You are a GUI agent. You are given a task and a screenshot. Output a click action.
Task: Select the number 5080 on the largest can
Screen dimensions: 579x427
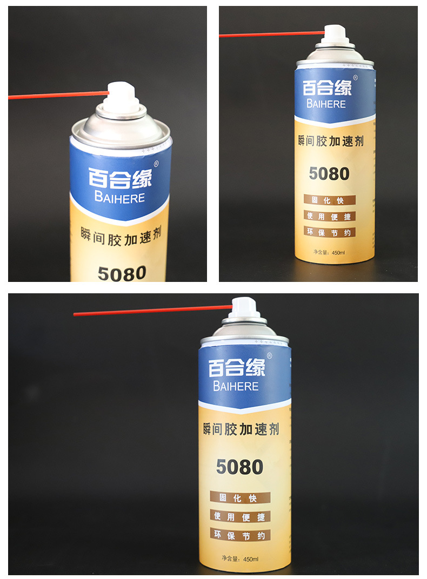click(239, 467)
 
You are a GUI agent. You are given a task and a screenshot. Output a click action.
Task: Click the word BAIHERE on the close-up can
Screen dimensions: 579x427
click(119, 198)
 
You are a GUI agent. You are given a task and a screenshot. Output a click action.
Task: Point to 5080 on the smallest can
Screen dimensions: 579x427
click(329, 173)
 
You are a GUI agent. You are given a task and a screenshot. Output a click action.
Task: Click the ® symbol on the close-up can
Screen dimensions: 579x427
click(156, 164)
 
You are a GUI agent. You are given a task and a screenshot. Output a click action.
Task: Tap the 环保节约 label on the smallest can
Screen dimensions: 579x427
click(329, 232)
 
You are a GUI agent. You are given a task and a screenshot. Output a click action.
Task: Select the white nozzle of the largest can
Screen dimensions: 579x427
click(245, 307)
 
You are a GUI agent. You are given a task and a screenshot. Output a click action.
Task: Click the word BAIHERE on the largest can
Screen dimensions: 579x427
click(236, 387)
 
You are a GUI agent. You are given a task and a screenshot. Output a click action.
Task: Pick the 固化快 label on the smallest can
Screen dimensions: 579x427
click(329, 200)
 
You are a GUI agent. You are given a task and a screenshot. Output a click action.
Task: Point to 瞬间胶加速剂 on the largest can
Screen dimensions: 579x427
click(241, 430)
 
